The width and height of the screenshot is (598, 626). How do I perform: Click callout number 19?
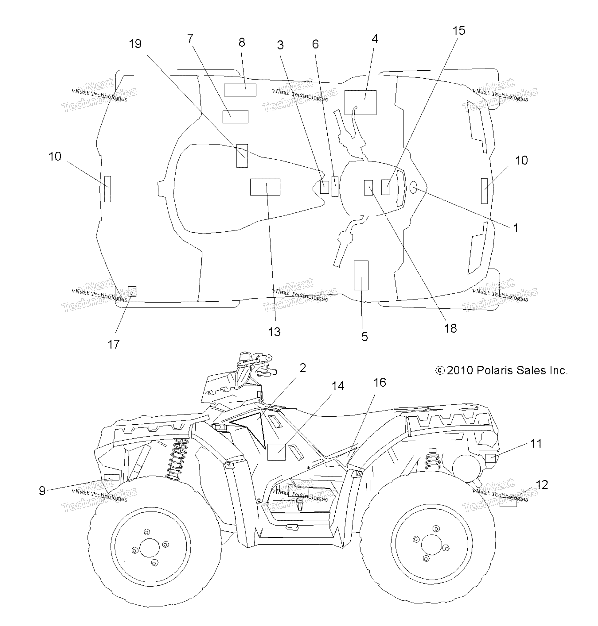(x=135, y=44)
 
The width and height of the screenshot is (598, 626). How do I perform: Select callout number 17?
(x=113, y=344)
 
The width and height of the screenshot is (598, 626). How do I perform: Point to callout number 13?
(x=274, y=332)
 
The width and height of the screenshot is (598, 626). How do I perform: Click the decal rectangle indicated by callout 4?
(x=360, y=102)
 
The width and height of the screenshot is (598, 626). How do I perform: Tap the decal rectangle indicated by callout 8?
(x=240, y=90)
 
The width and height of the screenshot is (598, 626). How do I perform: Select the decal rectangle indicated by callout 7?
(x=235, y=117)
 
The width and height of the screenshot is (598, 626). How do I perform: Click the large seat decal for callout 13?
(x=265, y=187)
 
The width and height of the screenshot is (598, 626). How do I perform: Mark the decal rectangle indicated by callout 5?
(x=361, y=275)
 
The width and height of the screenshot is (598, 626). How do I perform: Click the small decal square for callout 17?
(x=132, y=291)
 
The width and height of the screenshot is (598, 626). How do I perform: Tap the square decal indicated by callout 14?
(x=276, y=452)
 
